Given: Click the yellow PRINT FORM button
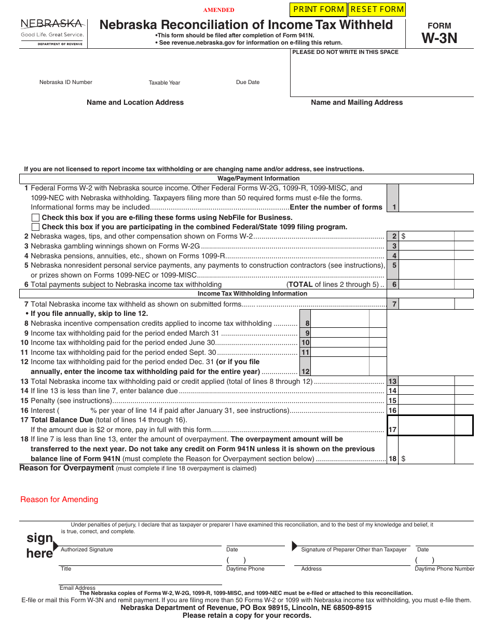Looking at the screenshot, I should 318,9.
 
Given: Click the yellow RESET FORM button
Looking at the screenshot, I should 377,9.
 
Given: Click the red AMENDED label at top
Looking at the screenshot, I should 218,10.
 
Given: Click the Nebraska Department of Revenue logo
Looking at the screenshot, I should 52,32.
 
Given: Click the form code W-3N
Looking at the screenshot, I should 439,38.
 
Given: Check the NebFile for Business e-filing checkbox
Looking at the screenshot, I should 35,218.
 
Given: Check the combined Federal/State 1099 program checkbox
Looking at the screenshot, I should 35,227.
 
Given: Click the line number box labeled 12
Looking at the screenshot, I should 305,371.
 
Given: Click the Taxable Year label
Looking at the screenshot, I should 165,82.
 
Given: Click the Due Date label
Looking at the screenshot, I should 248,82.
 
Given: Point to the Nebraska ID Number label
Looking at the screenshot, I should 66,82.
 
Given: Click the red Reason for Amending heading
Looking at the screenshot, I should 59,500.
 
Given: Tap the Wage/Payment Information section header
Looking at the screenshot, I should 251,178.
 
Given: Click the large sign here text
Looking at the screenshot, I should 39,545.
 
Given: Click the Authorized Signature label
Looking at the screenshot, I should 87,549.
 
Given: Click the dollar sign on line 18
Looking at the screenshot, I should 403,459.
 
